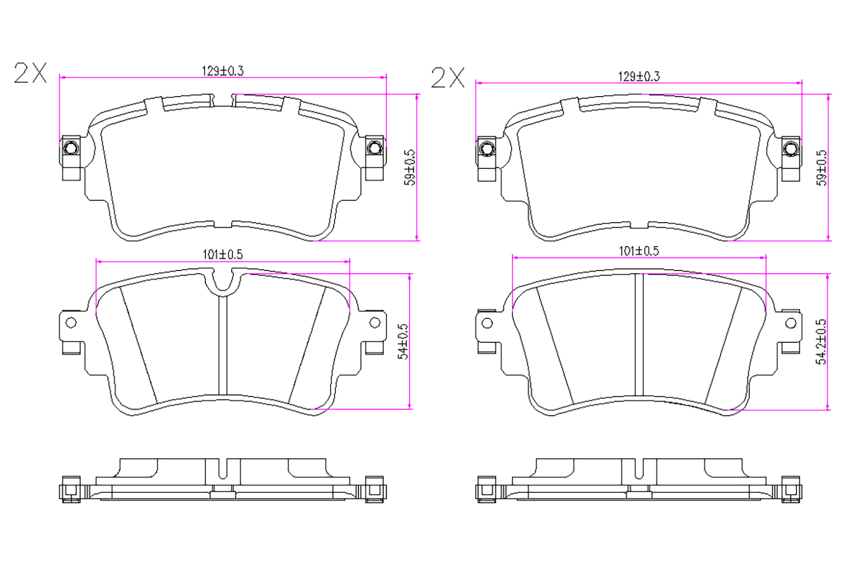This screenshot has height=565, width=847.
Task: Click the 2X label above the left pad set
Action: click(x=30, y=73)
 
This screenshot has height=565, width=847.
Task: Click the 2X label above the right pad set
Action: click(x=448, y=78)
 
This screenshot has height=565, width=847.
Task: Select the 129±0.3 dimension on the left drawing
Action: click(x=223, y=71)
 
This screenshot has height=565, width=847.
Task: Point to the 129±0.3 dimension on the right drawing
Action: click(x=639, y=77)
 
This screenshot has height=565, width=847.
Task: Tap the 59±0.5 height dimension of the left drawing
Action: click(x=409, y=167)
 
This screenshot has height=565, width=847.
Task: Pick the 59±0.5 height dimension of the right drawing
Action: click(x=821, y=168)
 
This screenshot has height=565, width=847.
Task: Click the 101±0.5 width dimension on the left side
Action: click(x=223, y=254)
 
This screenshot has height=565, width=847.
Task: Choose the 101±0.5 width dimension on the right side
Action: click(x=639, y=251)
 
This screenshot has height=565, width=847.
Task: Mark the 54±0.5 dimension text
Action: click(x=403, y=341)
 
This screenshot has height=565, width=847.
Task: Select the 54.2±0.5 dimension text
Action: click(x=821, y=342)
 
